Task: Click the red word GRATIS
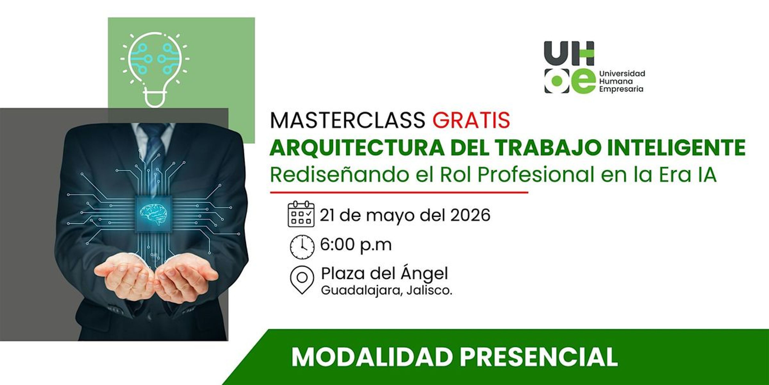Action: [471, 120]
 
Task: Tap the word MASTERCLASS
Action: [347, 120]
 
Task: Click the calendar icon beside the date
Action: [301, 214]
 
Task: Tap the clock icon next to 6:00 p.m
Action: [302, 247]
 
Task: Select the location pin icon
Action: [302, 280]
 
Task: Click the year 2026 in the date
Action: [470, 215]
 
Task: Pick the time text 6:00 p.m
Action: [356, 245]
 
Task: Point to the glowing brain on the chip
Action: [153, 214]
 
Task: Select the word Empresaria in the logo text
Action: [621, 89]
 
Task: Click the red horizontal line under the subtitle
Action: [399, 192]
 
